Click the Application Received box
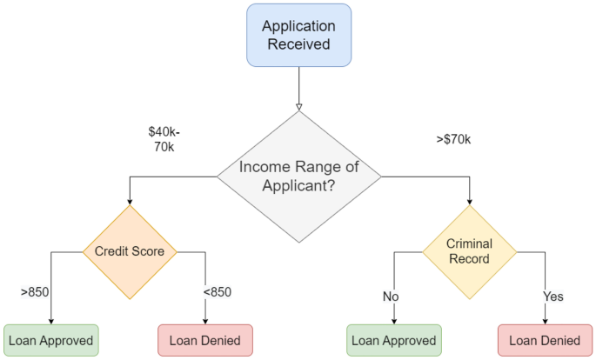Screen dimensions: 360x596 pyautogui.click(x=298, y=35)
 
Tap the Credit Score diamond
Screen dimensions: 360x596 pyautogui.click(x=130, y=251)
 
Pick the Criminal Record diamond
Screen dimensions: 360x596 pyautogui.click(x=470, y=251)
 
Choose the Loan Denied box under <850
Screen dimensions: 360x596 pyautogui.click(x=204, y=341)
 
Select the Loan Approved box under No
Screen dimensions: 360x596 pyautogui.click(x=393, y=341)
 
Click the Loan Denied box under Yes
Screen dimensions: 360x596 pyautogui.click(x=546, y=341)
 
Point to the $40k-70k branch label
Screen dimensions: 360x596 pyautogui.click(x=164, y=140)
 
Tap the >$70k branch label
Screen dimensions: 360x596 pyautogui.click(x=453, y=138)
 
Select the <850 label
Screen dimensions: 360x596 pyautogui.click(x=218, y=291)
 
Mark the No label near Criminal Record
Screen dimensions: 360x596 pyautogui.click(x=391, y=297)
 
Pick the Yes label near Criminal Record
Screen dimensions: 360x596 pyautogui.click(x=553, y=297)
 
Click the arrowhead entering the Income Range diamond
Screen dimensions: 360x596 pyautogui.click(x=298, y=107)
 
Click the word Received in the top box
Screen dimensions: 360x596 pyautogui.click(x=298, y=43)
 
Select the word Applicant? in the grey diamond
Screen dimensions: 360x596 pyautogui.click(x=298, y=184)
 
